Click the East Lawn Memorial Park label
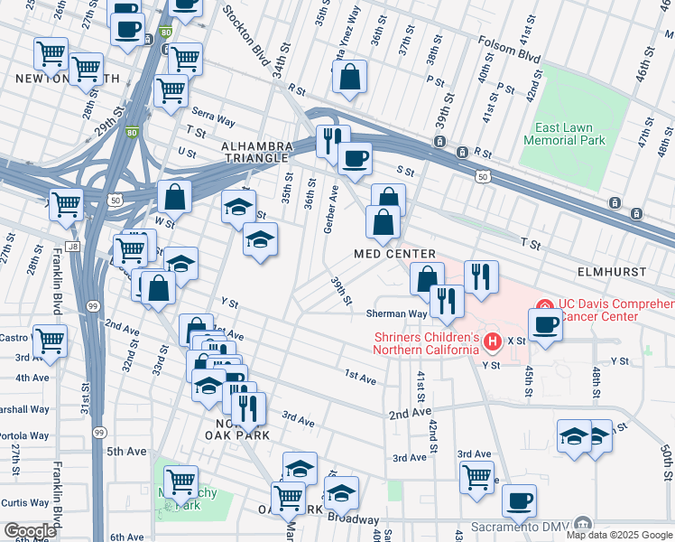pos(565,135)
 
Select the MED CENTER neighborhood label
pos(395,254)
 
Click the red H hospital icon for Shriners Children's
pos(493,341)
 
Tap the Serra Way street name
pos(213,121)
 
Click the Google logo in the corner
pos(30,531)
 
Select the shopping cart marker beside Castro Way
pos(50,341)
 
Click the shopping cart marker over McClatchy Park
pos(180,481)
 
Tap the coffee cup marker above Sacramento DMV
pos(519,500)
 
